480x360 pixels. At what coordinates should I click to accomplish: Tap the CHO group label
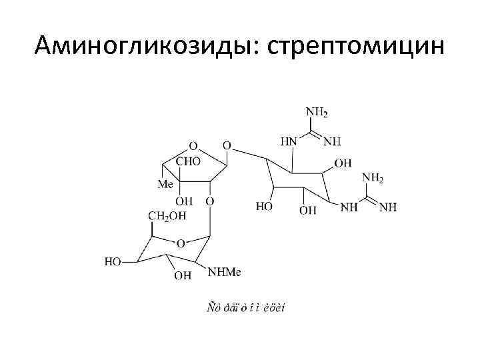point(187,161)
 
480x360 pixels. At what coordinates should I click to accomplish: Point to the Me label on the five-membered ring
point(165,183)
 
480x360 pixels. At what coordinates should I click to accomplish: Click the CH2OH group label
point(167,215)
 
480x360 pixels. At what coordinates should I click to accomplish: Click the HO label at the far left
point(113,262)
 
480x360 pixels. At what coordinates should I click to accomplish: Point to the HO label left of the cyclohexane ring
point(265,207)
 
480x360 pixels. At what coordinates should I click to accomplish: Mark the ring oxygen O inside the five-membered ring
point(193,145)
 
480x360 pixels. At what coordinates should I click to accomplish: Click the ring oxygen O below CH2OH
point(181,244)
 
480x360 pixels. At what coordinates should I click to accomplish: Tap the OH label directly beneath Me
point(184,201)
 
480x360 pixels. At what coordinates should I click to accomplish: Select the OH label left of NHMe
point(181,275)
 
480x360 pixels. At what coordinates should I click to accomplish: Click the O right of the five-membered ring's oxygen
point(227,145)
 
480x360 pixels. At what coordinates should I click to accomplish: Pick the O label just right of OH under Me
point(209,201)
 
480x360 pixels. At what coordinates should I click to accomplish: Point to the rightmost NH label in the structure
point(388,207)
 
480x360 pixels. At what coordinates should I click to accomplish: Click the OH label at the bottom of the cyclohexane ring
point(308,211)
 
